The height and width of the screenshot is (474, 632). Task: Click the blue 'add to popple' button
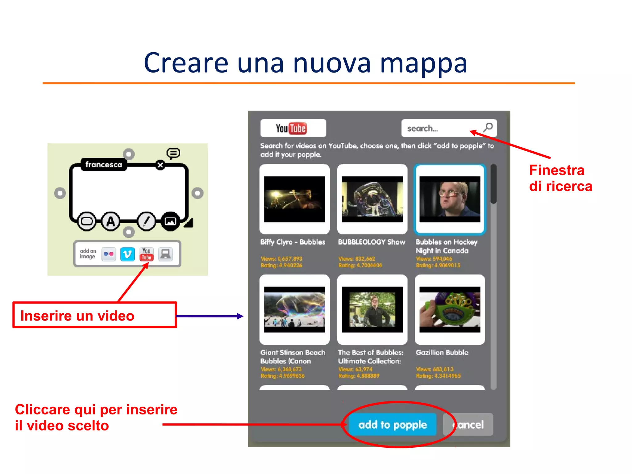(392, 425)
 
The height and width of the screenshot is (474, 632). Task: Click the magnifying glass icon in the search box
(488, 127)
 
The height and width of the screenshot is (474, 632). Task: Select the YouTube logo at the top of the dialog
(293, 128)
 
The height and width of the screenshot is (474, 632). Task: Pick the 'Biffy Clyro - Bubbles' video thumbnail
(294, 199)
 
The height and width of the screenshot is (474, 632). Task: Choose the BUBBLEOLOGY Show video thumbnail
(372, 199)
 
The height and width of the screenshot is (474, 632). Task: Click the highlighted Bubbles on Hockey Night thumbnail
(450, 199)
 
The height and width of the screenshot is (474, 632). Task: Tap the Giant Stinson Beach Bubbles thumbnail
(294, 309)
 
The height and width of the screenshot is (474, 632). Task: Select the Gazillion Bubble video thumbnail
(450, 309)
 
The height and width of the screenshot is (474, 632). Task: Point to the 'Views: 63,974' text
(355, 369)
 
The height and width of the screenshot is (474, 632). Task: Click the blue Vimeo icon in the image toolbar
(127, 254)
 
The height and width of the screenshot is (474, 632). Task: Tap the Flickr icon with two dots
(108, 254)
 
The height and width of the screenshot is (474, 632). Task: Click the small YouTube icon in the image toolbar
(147, 254)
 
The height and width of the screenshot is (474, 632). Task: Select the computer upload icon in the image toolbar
(166, 254)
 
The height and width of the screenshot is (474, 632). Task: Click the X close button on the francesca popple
(160, 165)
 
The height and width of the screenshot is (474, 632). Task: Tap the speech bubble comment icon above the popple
(173, 153)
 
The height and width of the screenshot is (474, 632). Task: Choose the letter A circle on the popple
(110, 221)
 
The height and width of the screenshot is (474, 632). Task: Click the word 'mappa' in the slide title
(423, 63)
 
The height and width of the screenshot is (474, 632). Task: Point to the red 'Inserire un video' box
(94, 315)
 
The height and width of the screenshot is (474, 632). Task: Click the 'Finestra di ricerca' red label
(560, 178)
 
